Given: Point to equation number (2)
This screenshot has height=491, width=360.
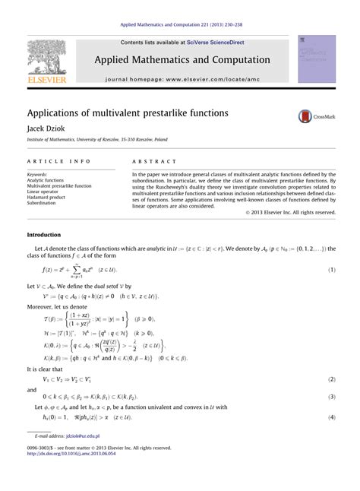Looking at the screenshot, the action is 331,379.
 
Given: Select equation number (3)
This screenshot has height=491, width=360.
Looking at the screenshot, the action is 331,397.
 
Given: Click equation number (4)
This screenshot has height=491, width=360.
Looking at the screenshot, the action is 331,417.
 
